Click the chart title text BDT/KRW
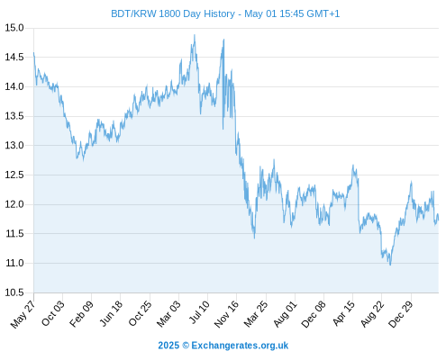[x=134, y=13]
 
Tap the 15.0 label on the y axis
[x=14, y=28]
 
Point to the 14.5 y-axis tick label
[x=14, y=57]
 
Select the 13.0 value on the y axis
[x=14, y=145]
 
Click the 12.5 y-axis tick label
[x=14, y=175]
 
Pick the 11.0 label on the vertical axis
[x=14, y=263]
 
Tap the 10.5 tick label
[x=14, y=292]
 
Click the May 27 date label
[x=23, y=314]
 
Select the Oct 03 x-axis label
[x=53, y=313]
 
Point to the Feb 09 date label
[x=81, y=313]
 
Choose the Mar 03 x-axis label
[x=168, y=313]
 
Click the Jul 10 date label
[x=199, y=312]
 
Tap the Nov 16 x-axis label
[x=226, y=313]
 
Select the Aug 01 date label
[x=285, y=313]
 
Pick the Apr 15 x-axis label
[x=343, y=313]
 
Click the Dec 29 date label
[x=401, y=314]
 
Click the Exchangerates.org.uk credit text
[x=240, y=346]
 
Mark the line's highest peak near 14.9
[x=195, y=35]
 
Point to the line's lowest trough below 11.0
[x=390, y=265]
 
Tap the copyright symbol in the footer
[x=186, y=346]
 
